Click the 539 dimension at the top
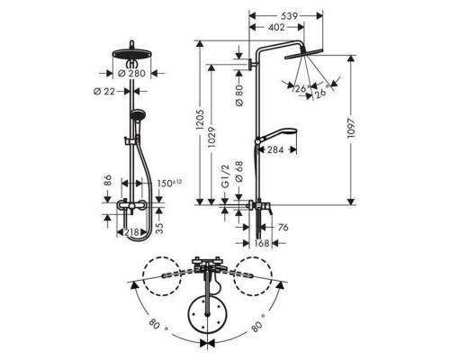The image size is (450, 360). click(290, 15)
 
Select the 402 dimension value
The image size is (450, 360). click(276, 27)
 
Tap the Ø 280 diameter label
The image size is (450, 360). click(131, 73)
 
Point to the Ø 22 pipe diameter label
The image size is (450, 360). click(104, 91)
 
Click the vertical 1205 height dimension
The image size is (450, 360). click(200, 120)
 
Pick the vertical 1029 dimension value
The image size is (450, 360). click(211, 137)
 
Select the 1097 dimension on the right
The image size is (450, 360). click(351, 128)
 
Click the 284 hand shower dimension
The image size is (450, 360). click(275, 149)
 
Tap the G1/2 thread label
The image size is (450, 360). click(225, 176)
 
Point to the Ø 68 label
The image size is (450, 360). click(239, 172)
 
